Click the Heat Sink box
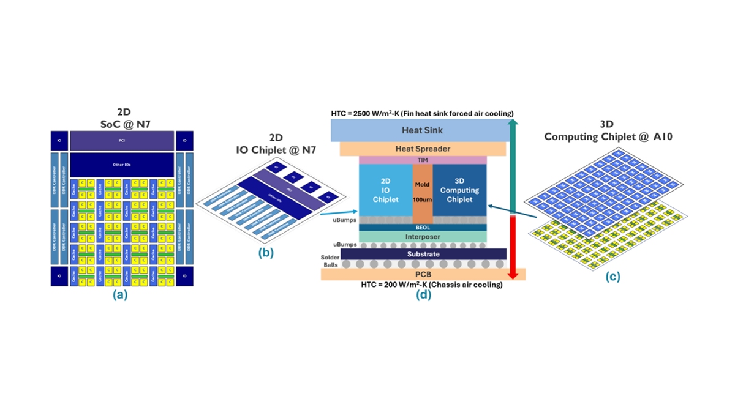[421, 130]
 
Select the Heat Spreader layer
[421, 149]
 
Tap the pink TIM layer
[423, 160]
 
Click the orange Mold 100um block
[423, 191]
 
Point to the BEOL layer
[423, 227]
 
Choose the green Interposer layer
[423, 237]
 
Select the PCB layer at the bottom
[423, 274]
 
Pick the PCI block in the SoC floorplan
[121, 140]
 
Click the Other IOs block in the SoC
[121, 165]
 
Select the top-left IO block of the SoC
[59, 140]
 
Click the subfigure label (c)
[612, 277]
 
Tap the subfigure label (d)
[423, 294]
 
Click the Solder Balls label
[330, 261]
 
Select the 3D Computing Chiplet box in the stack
[459, 190]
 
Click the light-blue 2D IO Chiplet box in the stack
[386, 190]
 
